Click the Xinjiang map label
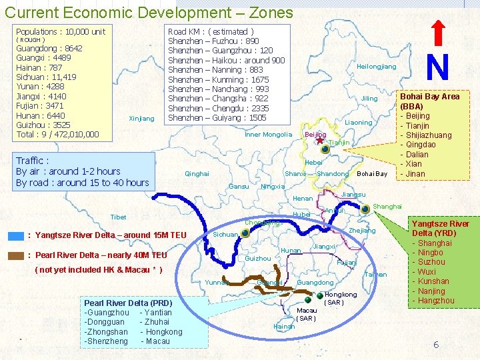point(141,119)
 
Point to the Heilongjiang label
point(377,67)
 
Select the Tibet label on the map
point(118,217)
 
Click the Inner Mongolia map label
point(268,135)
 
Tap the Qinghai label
point(197,174)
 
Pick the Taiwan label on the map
point(376,275)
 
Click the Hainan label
point(284,327)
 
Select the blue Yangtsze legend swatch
point(15,235)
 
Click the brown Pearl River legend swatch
point(15,255)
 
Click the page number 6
point(435,345)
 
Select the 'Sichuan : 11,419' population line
point(46,77)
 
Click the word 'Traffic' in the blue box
point(31,161)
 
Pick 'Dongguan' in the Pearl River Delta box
point(105,322)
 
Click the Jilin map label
point(369,99)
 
